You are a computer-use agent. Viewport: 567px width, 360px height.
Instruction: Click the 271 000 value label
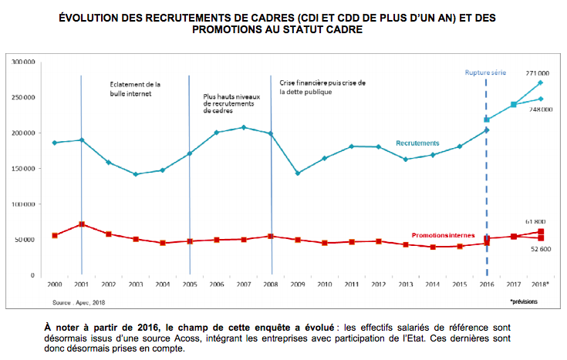538,72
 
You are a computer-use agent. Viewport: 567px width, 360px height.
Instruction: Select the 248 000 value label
540,109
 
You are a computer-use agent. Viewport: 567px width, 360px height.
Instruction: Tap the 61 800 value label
538,222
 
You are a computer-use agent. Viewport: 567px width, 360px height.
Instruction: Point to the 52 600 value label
539,249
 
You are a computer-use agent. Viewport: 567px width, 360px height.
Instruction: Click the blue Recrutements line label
417,143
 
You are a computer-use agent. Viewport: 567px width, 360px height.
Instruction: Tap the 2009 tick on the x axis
298,284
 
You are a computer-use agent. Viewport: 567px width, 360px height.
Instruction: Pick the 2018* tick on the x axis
541,284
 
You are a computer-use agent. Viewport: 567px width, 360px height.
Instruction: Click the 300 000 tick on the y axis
23,62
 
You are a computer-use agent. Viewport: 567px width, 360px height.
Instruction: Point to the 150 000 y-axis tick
23,169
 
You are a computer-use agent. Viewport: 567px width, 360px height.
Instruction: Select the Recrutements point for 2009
298,173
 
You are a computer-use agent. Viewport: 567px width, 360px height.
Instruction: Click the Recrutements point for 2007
244,127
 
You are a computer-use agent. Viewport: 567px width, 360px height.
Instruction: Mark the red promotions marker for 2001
82,224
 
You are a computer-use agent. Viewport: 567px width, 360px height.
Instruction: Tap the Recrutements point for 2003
136,174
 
